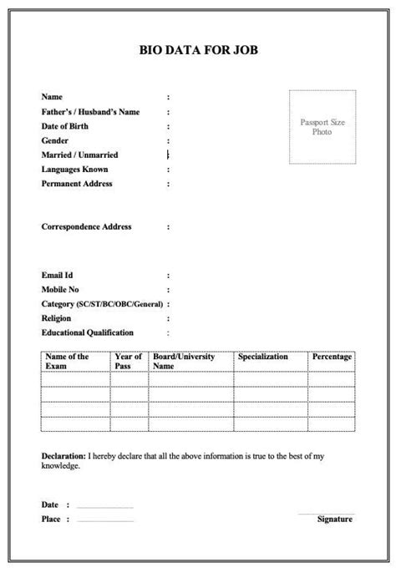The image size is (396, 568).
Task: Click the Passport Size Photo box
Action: pos(322,127)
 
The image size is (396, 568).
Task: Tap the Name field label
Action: pos(52,98)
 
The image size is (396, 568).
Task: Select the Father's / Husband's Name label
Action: pos(90,112)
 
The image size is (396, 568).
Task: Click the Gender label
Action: pos(55,141)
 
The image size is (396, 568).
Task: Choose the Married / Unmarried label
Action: pos(79,155)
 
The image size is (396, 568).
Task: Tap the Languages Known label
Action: pos(74,170)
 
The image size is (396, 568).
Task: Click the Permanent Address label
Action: pos(77,184)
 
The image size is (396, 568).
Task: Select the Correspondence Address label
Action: pos(86,226)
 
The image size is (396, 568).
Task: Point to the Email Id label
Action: pos(58,275)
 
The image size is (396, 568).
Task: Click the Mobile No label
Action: pos(60,289)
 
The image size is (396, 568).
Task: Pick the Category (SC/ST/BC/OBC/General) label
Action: pos(102,304)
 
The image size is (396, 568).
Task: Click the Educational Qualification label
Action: pos(87,332)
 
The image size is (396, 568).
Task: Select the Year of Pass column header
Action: pos(129,362)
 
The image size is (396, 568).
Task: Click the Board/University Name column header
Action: pos(184,362)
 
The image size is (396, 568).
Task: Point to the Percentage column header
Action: pos(332,358)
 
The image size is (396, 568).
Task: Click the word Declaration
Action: pos(63,457)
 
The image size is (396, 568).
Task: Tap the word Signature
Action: pos(335,519)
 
